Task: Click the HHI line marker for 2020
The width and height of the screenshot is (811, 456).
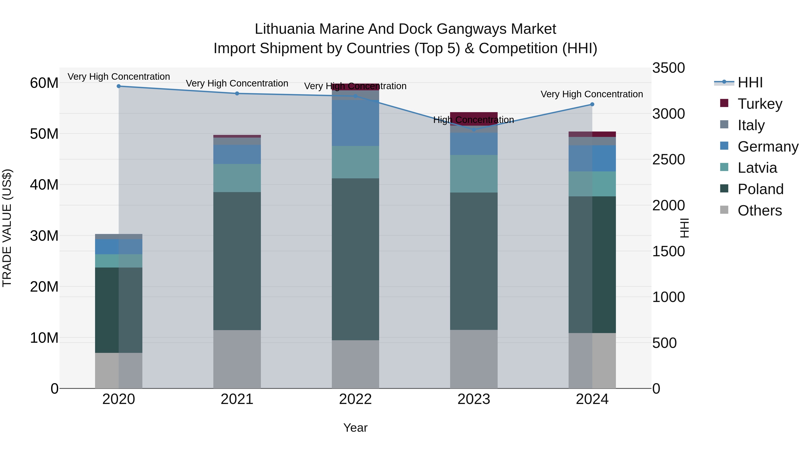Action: tap(119, 86)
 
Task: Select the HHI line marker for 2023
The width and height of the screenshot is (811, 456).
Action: tap(474, 129)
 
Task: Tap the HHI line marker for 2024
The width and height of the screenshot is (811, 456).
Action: tap(592, 104)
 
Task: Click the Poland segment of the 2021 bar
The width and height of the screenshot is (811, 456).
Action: tap(237, 261)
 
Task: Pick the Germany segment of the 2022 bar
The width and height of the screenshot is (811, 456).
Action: tap(355, 123)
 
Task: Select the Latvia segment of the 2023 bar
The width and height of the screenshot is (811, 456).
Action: tap(474, 174)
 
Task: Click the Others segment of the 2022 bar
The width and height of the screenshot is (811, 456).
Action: tap(355, 364)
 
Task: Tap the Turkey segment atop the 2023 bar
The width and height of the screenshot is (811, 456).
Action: tap(474, 115)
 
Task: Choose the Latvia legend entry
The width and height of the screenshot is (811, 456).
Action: tap(757, 168)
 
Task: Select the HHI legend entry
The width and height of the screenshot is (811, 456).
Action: tap(750, 82)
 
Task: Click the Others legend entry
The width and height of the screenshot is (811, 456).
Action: tap(759, 211)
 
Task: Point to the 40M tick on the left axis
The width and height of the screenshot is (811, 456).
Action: tap(44, 185)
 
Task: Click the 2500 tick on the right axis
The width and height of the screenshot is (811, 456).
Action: tap(668, 160)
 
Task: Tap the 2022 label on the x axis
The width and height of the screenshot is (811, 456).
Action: tap(355, 399)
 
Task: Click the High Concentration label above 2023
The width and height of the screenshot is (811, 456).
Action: tap(474, 120)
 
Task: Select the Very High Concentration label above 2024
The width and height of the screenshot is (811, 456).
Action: tap(592, 94)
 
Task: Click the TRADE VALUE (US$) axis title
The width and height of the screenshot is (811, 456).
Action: tap(7, 228)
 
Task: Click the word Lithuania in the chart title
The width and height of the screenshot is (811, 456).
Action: tap(284, 29)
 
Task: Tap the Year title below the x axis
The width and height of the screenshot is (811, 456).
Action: tap(355, 428)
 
